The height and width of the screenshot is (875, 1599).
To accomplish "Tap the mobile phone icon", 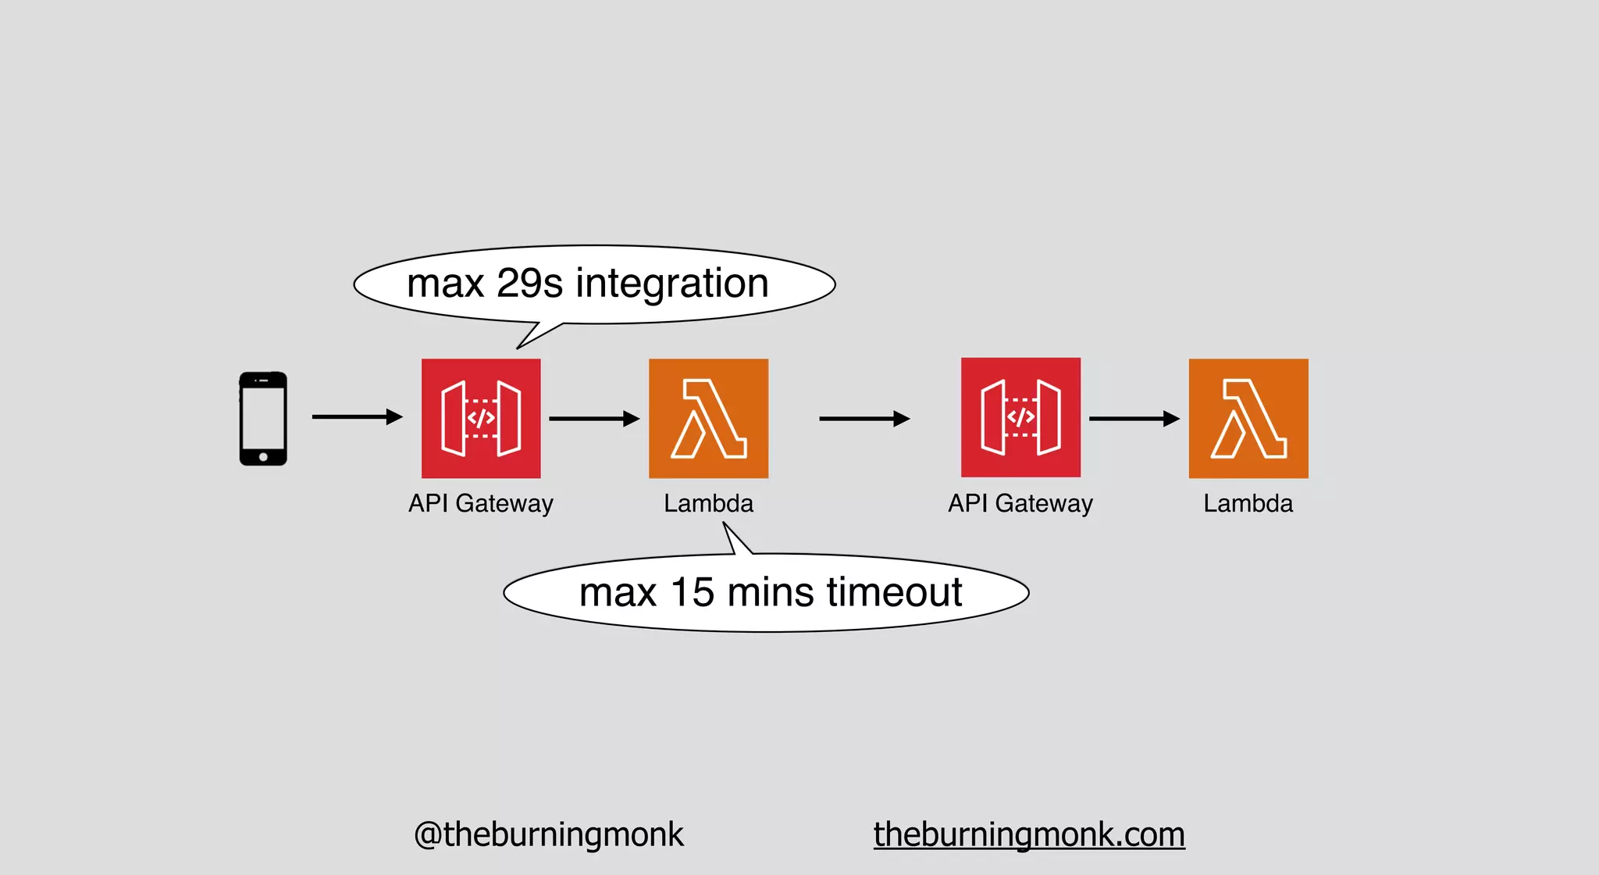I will pyautogui.click(x=263, y=418).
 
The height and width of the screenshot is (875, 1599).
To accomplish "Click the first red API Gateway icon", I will pyautogui.click(x=481, y=418).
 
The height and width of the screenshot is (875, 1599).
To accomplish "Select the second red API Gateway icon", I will pyautogui.click(x=1020, y=417).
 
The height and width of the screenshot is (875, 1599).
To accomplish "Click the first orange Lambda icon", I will pyautogui.click(x=708, y=418).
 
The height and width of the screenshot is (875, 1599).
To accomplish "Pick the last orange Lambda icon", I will pyautogui.click(x=1248, y=418).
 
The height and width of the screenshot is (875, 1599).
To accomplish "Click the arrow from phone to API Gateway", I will pyautogui.click(x=357, y=417).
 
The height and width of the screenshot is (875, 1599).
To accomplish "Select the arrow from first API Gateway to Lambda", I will pyautogui.click(x=594, y=419).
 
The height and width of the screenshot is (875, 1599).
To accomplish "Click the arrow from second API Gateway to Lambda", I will pyautogui.click(x=1134, y=419).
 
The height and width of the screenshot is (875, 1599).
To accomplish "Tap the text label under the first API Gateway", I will pyautogui.click(x=481, y=504).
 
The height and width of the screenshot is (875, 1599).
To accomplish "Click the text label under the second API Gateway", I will pyautogui.click(x=1020, y=504).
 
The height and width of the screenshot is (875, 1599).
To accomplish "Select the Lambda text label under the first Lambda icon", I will pyautogui.click(x=708, y=504).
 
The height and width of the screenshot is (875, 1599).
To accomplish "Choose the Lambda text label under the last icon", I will pyautogui.click(x=1248, y=504).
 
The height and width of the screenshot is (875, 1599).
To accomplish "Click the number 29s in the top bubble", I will pyautogui.click(x=529, y=283).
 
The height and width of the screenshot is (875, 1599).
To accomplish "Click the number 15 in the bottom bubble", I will pyautogui.click(x=693, y=592).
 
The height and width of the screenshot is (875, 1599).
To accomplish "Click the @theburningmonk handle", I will pyautogui.click(x=548, y=834).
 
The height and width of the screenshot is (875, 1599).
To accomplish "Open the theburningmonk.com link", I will pyautogui.click(x=1029, y=834).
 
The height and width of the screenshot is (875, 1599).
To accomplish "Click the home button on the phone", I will pyautogui.click(x=263, y=457).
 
